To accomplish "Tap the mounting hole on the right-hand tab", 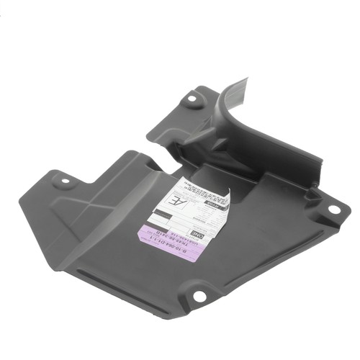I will pyautogui.click(x=333, y=210).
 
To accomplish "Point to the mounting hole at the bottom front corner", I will pyautogui.click(x=199, y=296).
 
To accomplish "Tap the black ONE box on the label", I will pyautogui.click(x=199, y=235).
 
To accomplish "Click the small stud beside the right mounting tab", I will pyautogui.click(x=314, y=193).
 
